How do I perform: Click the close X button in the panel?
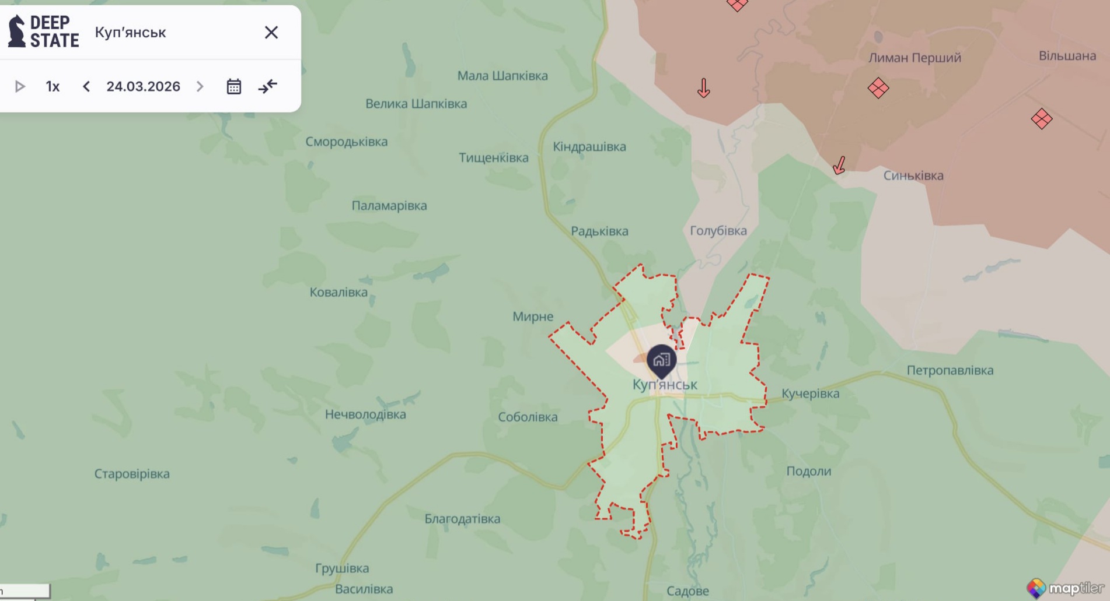[x=271, y=33]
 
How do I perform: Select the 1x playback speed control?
[x=53, y=87]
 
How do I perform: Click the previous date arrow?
[x=86, y=87]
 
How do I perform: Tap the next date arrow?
[x=200, y=87]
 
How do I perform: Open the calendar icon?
[x=234, y=87]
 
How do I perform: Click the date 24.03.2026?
[x=143, y=87]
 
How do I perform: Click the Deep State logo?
[x=44, y=31]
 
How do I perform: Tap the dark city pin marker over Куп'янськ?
[x=661, y=360]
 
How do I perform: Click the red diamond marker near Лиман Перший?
[x=878, y=89]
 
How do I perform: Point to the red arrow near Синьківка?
[x=839, y=166]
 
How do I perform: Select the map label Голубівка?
[x=718, y=231]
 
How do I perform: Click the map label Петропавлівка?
[x=950, y=370]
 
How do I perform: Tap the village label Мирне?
[x=532, y=317]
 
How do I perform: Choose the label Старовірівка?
[x=132, y=474]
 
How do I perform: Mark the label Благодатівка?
[x=462, y=519]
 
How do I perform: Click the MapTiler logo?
[x=1066, y=588]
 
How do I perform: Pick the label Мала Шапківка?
[x=502, y=76]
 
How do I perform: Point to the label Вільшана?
[x=1067, y=56]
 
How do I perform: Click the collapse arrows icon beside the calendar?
[x=268, y=87]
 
